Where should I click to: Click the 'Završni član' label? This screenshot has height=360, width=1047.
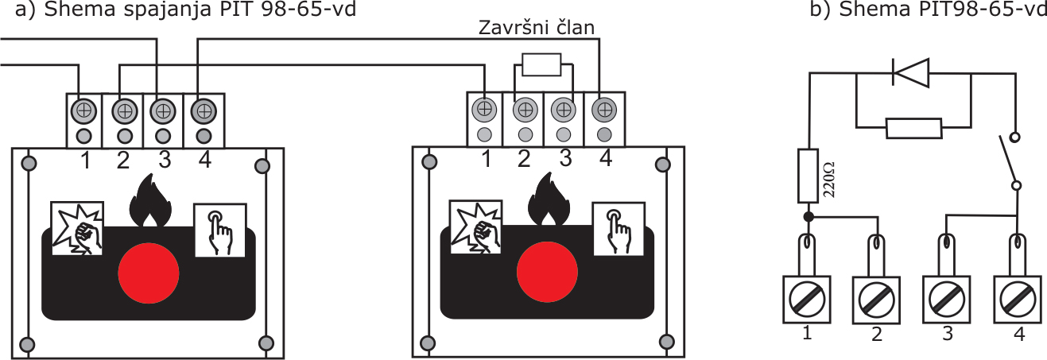(x=537, y=29)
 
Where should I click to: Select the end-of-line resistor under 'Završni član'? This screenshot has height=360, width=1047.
(x=542, y=64)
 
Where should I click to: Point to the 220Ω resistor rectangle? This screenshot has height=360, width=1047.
(x=809, y=174)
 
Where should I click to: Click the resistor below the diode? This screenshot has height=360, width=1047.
(x=913, y=127)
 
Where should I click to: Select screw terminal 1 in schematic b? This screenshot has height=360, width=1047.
(x=808, y=299)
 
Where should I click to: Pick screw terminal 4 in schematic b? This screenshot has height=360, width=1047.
(x=1018, y=299)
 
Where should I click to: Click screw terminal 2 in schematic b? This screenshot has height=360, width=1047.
(x=877, y=299)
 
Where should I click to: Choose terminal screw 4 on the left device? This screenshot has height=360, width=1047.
(x=204, y=109)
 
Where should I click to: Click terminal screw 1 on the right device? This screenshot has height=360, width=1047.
(x=484, y=108)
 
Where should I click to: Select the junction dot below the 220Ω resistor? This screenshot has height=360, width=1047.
(x=809, y=216)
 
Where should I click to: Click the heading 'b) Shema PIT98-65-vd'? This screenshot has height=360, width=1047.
(x=927, y=10)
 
